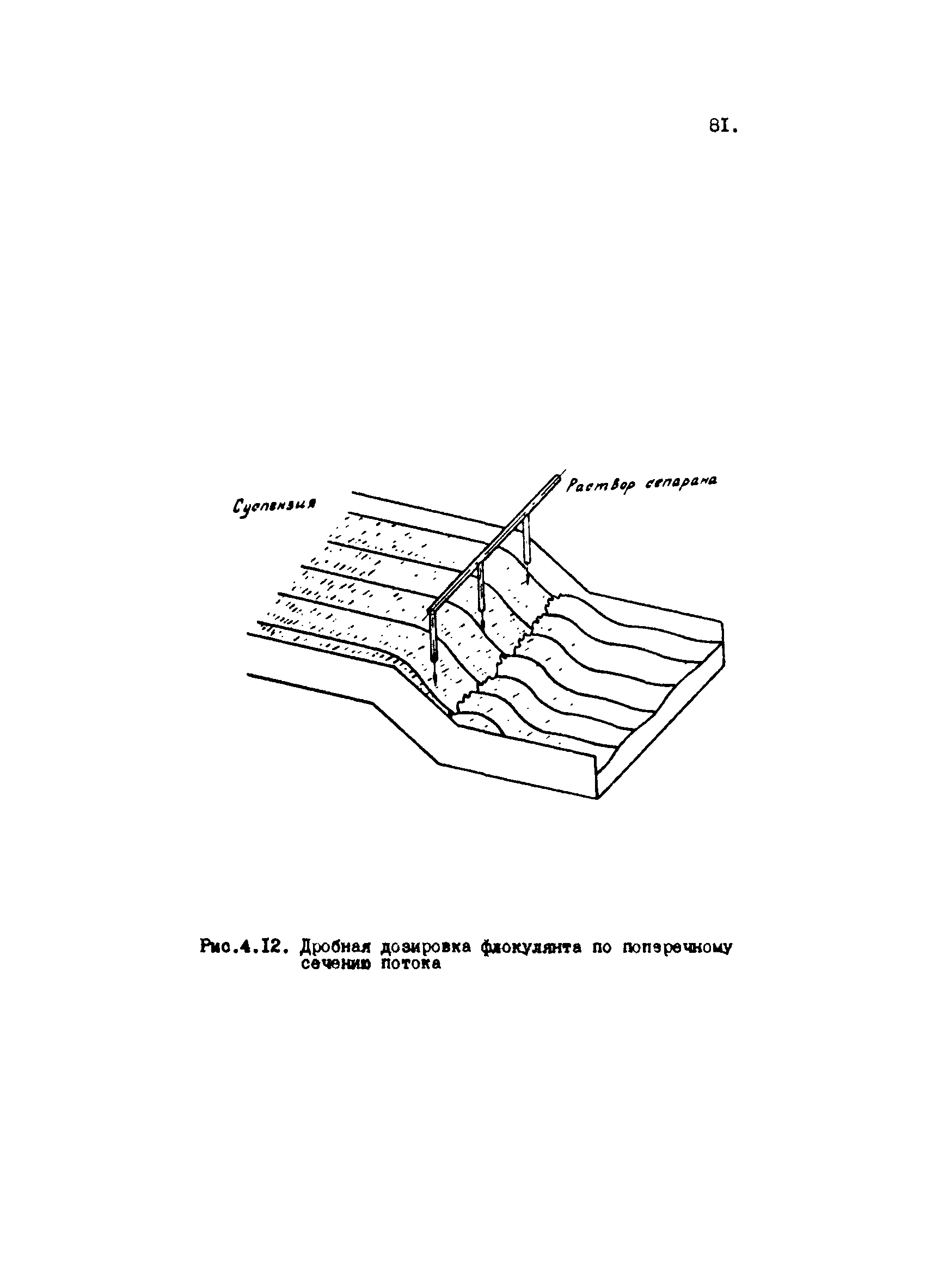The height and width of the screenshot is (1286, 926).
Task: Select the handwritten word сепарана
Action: (x=679, y=482)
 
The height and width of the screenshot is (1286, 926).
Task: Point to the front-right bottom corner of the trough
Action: (x=598, y=799)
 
